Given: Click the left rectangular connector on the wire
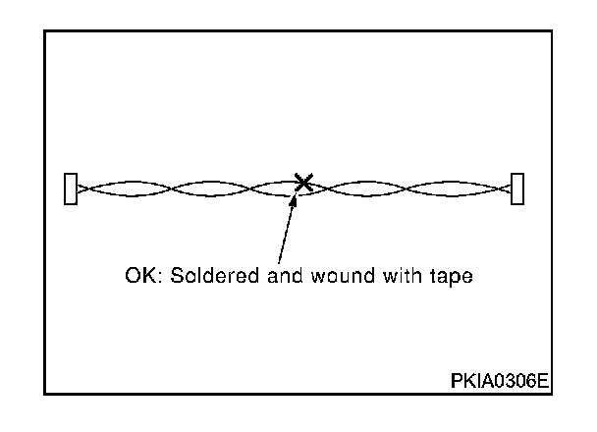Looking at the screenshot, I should pos(70,188).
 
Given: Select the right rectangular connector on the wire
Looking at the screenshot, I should pos(517,188).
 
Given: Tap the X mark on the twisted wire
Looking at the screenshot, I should pos(304,182).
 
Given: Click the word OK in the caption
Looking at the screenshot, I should pos(138,276).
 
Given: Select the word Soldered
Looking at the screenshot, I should pos(202,276).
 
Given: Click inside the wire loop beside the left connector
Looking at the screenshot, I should pos(123,188).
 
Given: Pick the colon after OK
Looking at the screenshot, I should pos(157,278).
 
